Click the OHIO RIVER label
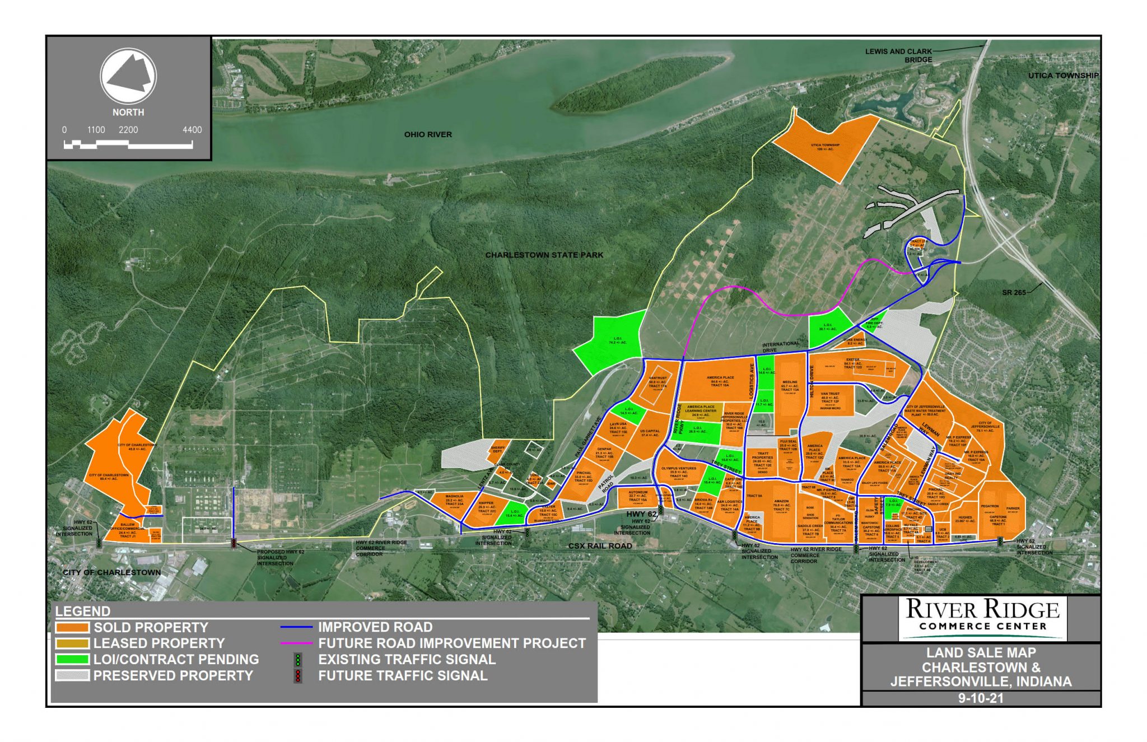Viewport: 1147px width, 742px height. tap(428, 134)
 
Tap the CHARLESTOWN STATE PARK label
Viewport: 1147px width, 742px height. tap(544, 255)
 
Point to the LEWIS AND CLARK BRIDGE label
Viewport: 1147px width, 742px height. tap(898, 55)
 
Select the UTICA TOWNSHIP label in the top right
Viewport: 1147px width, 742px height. tap(1063, 76)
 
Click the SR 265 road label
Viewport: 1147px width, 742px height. tap(1014, 292)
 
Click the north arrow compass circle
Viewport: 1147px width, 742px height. tap(128, 77)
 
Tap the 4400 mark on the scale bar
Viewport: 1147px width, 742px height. tap(192, 130)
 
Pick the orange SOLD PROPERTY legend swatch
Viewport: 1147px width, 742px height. tap(72, 627)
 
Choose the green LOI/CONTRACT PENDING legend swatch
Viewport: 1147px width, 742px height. tap(72, 659)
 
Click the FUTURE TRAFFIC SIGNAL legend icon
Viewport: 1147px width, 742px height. tap(298, 675)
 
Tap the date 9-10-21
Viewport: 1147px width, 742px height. tap(980, 698)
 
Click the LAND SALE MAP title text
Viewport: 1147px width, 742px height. tap(981, 652)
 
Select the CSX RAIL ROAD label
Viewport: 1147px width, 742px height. tap(600, 545)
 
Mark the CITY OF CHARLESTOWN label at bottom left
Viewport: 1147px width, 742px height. tap(111, 572)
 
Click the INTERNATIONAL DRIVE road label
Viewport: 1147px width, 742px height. tap(780, 347)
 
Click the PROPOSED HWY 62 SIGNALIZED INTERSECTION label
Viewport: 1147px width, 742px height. tap(280, 557)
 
